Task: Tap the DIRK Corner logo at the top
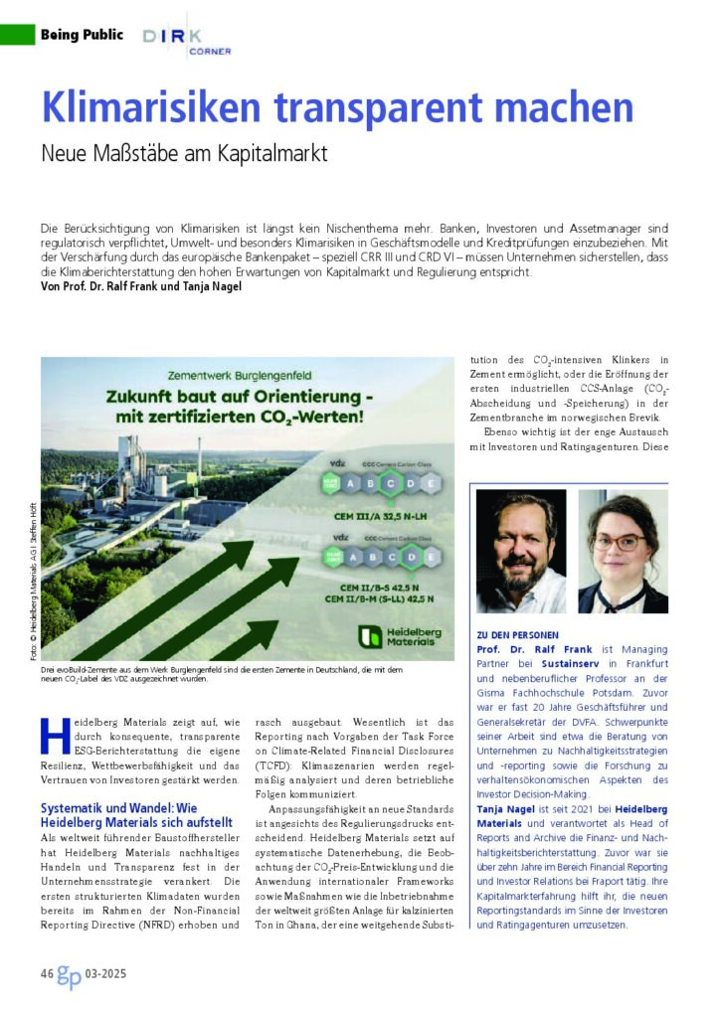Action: [186, 39]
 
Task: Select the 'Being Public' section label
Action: [82, 35]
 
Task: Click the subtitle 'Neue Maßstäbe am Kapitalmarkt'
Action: [184, 154]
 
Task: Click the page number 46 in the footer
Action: [48, 972]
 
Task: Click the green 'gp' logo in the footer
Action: [70, 972]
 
